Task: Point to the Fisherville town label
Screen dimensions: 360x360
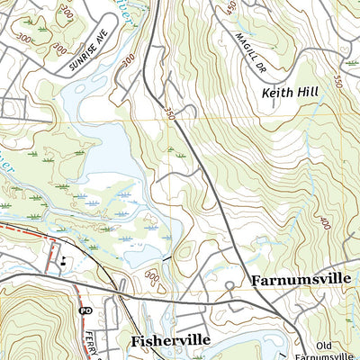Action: pos(170,341)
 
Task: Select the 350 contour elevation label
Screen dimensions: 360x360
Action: pos(172,112)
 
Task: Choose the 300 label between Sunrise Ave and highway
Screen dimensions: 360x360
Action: pos(128,57)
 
